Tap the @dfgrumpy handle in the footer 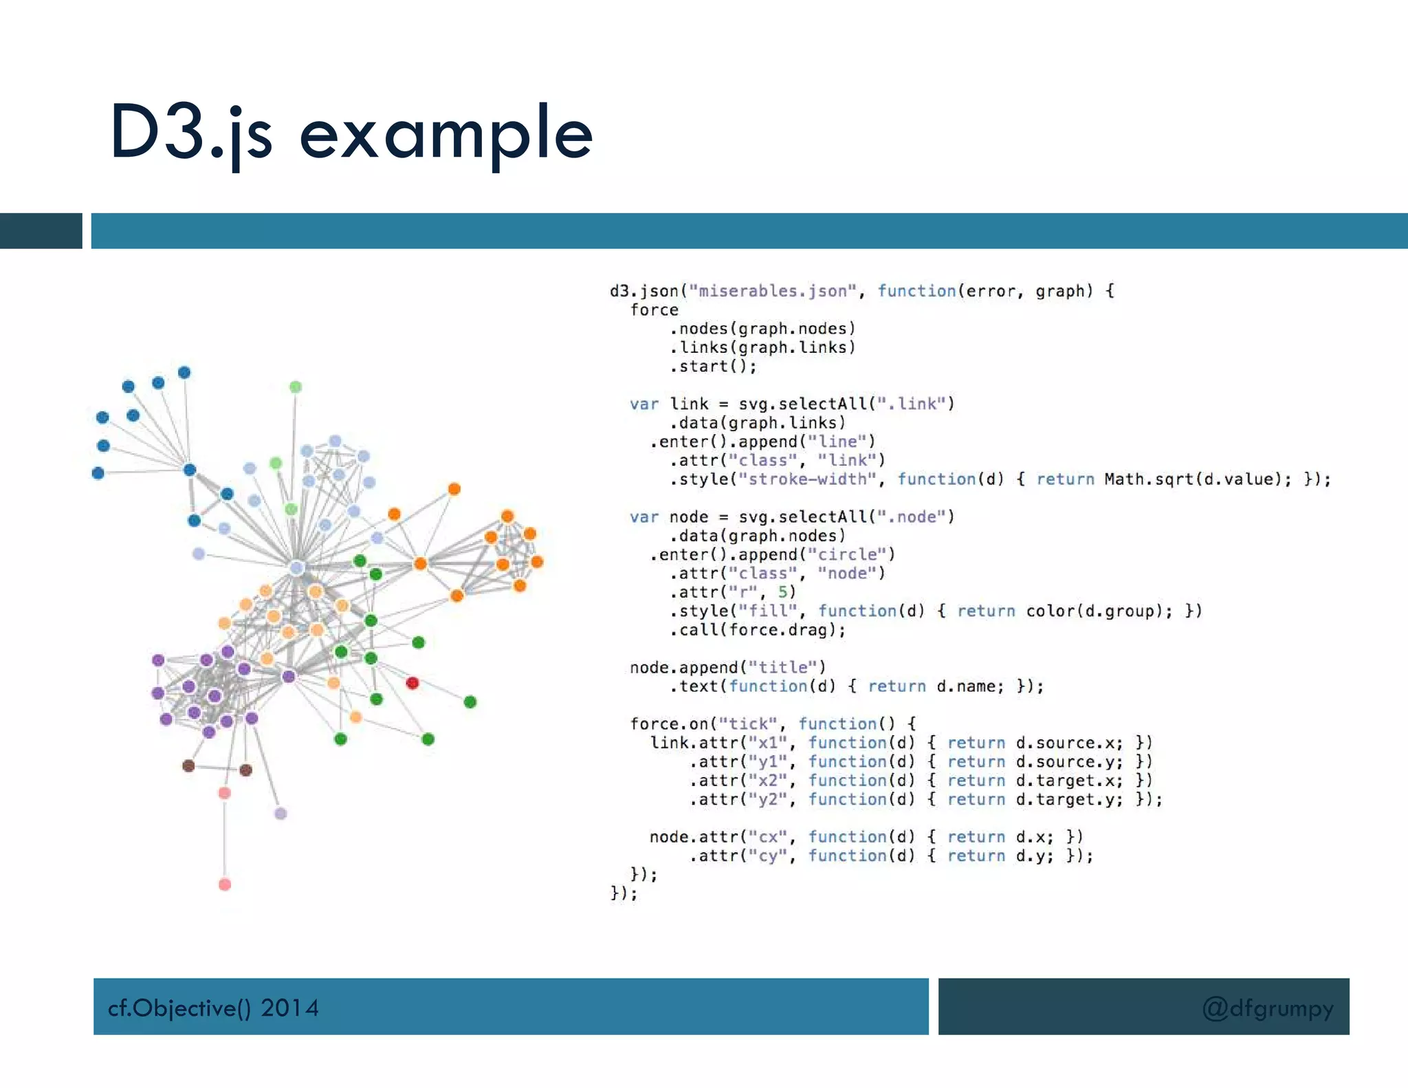click(1267, 1008)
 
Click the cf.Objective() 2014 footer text click(213, 1008)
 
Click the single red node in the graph click(412, 683)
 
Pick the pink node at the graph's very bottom click(225, 884)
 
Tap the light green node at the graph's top click(296, 387)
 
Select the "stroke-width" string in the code click(807, 479)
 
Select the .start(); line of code click(713, 367)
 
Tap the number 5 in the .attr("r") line click(783, 592)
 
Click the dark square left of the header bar click(41, 230)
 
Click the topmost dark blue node click(184, 373)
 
